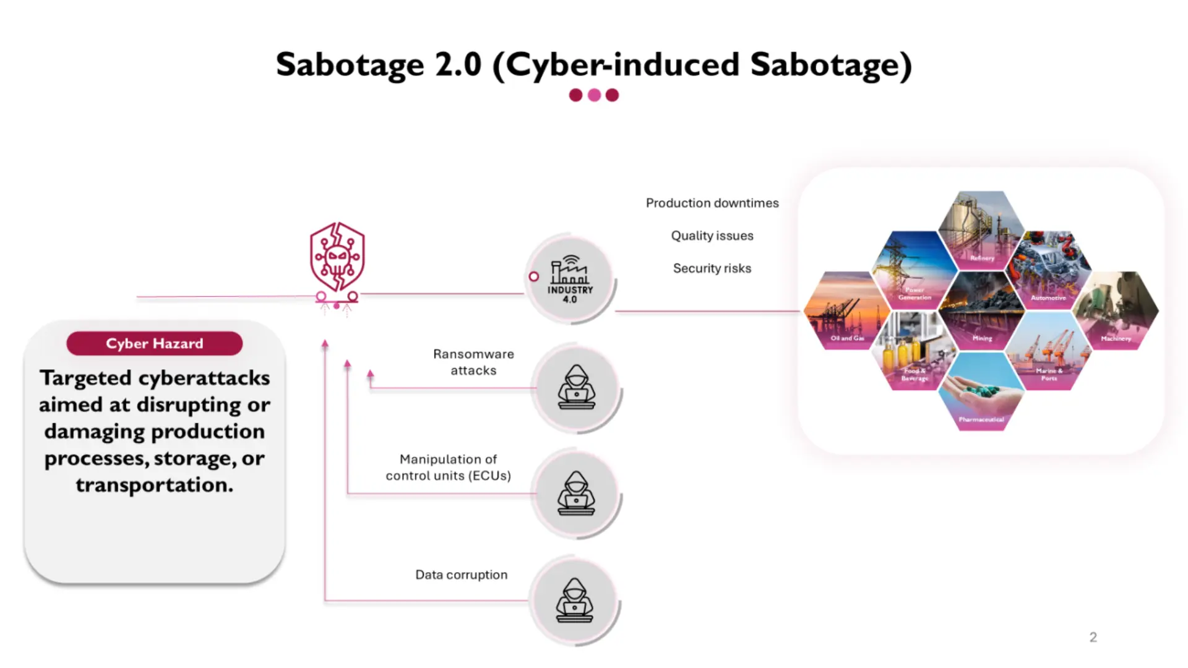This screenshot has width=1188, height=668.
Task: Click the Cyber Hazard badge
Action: pos(154,343)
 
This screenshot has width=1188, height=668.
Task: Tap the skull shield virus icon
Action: pos(337,257)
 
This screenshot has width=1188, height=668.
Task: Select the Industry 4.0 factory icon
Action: pos(570,279)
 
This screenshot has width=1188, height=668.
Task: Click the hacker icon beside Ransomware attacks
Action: pos(576,388)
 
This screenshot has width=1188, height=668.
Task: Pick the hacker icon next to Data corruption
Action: pos(574,601)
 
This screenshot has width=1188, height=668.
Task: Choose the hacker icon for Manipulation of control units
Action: pos(576,494)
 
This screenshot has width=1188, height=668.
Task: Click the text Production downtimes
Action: pos(712,203)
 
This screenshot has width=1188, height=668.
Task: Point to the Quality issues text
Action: pos(712,236)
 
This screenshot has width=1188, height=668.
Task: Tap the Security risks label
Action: pos(712,268)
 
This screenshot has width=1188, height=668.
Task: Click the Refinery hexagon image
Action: pos(981,230)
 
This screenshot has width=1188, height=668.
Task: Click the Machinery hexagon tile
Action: pos(1116,311)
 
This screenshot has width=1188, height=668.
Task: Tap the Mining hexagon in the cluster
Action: pos(981,311)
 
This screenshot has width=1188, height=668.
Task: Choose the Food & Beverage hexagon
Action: pos(914,351)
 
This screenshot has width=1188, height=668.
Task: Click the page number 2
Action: pos(1093,637)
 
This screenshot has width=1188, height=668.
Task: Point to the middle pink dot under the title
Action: pos(594,95)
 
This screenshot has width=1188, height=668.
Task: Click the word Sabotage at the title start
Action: pos(350,65)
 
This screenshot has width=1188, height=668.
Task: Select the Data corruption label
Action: pos(461,575)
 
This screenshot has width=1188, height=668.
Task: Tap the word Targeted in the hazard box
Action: pos(85,378)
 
